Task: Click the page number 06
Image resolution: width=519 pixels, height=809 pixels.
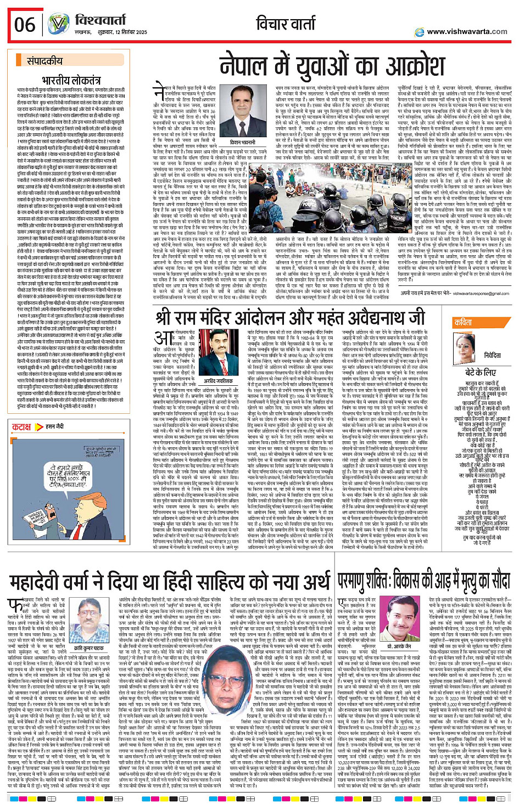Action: click(25, 24)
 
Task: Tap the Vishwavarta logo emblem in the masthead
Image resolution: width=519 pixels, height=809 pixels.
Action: click(58, 24)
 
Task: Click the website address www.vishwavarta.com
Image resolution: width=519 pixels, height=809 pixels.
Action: click(467, 32)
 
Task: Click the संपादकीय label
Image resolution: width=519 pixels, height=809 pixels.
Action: click(44, 61)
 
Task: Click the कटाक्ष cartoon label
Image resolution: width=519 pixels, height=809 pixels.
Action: click(21, 427)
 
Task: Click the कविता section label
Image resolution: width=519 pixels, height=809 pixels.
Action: click(464, 323)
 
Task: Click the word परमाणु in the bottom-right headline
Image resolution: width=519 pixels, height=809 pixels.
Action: click(359, 581)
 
